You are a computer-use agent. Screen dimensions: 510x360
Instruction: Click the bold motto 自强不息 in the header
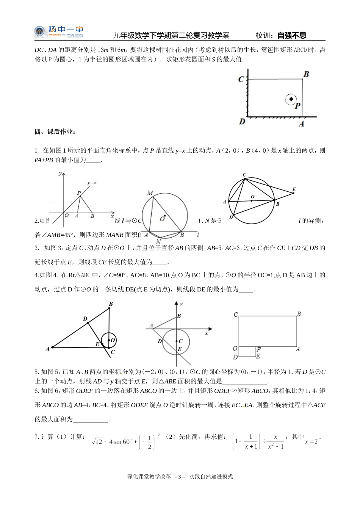pyautogui.click(x=291, y=36)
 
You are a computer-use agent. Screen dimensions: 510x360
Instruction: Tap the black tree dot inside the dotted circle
pyautogui.click(x=291, y=99)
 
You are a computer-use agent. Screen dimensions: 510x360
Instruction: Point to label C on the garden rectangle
pyautogui.click(x=241, y=80)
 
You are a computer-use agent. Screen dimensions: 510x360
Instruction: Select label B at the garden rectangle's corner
pyautogui.click(x=306, y=74)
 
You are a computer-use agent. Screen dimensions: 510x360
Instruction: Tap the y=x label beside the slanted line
pyautogui.click(x=92, y=183)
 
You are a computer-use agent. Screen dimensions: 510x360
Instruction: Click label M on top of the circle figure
pyautogui.click(x=150, y=193)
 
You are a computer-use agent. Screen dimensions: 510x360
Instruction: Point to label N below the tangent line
pyautogui.click(x=158, y=241)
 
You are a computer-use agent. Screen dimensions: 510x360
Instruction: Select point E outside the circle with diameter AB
pyautogui.click(x=294, y=189)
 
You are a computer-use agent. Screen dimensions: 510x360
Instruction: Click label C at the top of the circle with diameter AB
pyautogui.click(x=244, y=175)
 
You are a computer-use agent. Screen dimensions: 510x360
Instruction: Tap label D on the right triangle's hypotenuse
pyautogui.click(x=85, y=319)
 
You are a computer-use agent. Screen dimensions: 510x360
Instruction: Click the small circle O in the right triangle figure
pyautogui.click(x=109, y=340)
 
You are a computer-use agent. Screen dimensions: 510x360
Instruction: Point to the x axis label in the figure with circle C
pyautogui.click(x=207, y=334)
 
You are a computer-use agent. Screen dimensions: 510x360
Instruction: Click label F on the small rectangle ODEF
pyautogui.click(x=258, y=349)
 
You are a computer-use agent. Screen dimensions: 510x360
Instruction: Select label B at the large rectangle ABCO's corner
pyautogui.click(x=299, y=314)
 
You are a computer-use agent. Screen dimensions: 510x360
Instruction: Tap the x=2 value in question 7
pyautogui.click(x=311, y=441)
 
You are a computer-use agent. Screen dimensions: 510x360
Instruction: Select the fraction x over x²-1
pyautogui.click(x=275, y=442)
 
